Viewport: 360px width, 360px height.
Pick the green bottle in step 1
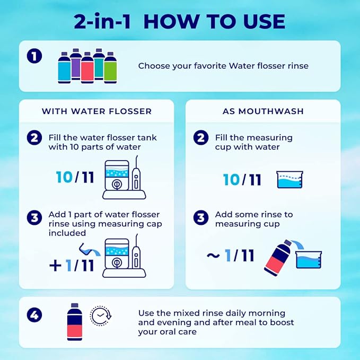pos(110,67)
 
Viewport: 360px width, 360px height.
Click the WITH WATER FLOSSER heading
pos(96,111)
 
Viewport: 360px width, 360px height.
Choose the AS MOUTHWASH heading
pos(263,111)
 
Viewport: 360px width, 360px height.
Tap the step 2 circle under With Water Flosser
pos(34,138)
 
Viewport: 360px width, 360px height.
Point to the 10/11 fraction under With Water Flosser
pos(75,177)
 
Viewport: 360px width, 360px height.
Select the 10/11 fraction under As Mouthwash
pos(242,179)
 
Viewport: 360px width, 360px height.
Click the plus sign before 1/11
pos(55,265)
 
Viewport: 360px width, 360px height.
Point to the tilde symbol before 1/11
pos(213,256)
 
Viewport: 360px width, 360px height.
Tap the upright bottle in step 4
pos(74,322)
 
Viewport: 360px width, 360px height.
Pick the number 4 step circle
pos(34,315)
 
